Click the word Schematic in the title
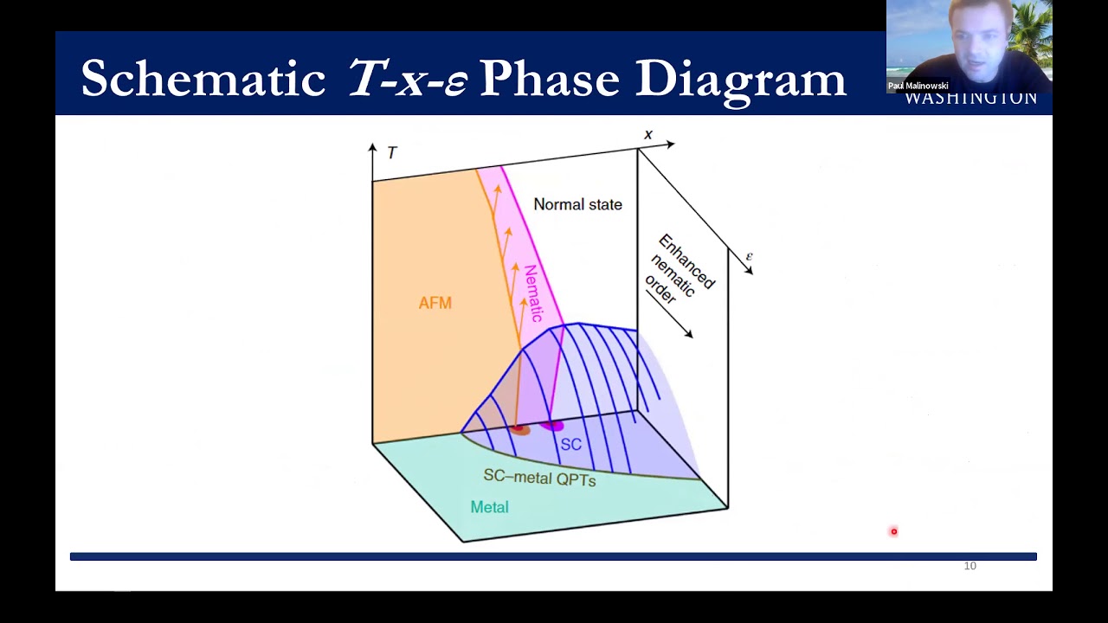click(x=203, y=79)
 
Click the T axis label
click(x=392, y=153)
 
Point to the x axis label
click(x=648, y=135)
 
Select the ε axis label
click(x=750, y=256)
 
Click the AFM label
click(x=435, y=303)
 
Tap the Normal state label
click(x=577, y=205)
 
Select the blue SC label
click(x=571, y=445)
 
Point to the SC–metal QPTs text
click(x=539, y=478)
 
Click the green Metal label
click(x=489, y=508)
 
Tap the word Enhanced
click(x=687, y=261)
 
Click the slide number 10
click(x=969, y=566)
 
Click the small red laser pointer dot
click(x=894, y=532)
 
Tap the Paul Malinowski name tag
click(x=918, y=86)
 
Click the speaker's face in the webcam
click(x=977, y=35)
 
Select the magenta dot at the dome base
click(x=552, y=425)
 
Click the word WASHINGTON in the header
click(x=970, y=98)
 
